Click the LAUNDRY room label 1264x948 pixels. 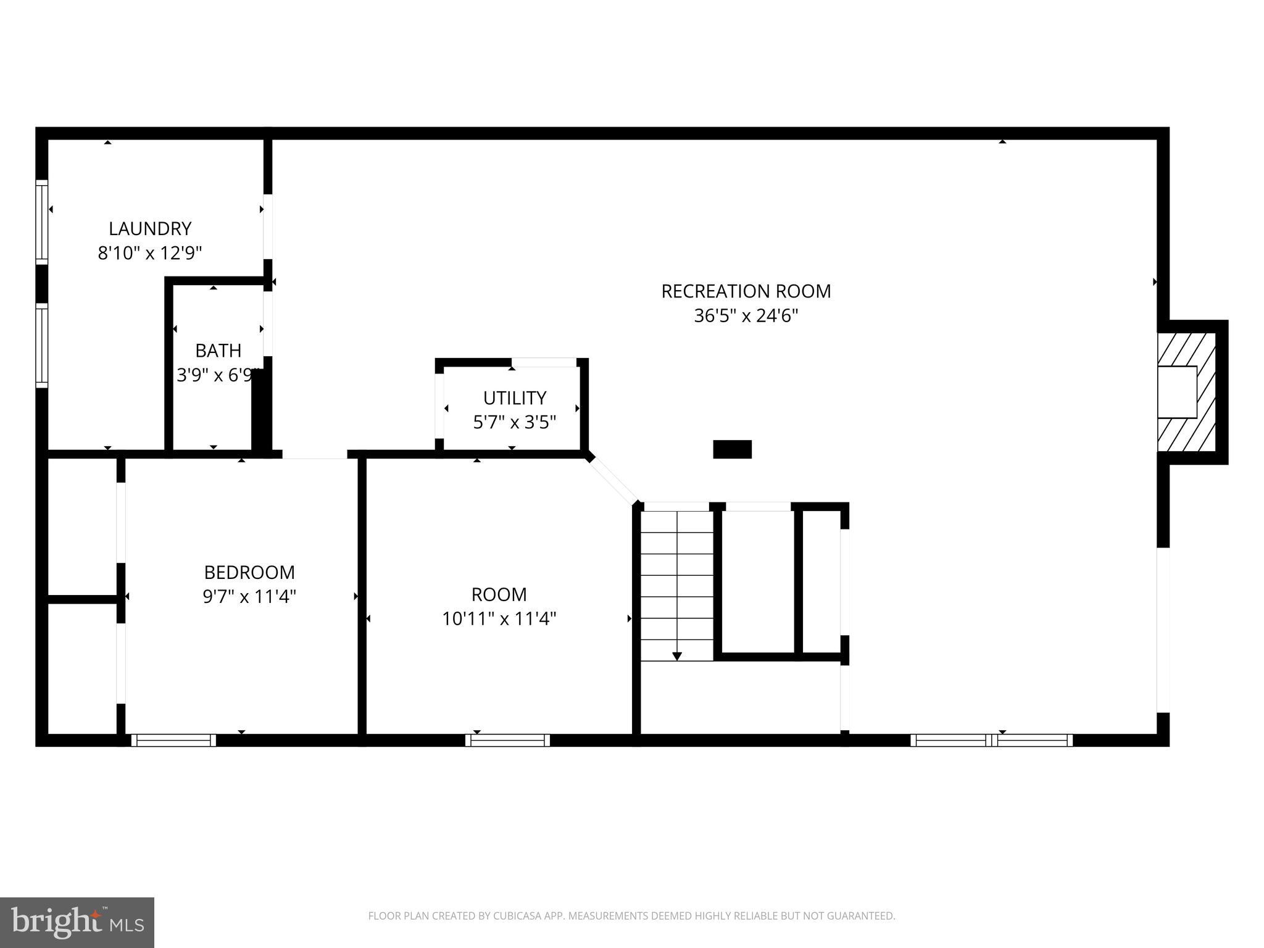point(150,229)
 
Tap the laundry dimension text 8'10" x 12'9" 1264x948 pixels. point(150,253)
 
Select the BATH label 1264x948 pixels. point(218,351)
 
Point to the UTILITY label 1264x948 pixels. point(514,397)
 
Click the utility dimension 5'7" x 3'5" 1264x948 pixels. point(514,422)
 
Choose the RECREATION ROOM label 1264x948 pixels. point(746,291)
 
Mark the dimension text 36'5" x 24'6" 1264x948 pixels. point(746,316)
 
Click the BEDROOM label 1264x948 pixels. point(249,573)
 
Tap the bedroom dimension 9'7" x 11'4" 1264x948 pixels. point(249,597)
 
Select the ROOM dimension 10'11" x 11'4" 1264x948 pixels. point(499,618)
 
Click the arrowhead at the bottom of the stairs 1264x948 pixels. point(677,656)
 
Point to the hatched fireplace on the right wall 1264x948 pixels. point(1186,392)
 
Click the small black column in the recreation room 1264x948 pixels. point(732,449)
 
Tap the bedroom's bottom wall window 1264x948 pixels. point(173,740)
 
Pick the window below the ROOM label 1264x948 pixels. point(507,740)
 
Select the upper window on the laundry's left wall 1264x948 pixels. point(41,222)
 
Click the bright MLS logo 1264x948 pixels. point(77,922)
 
